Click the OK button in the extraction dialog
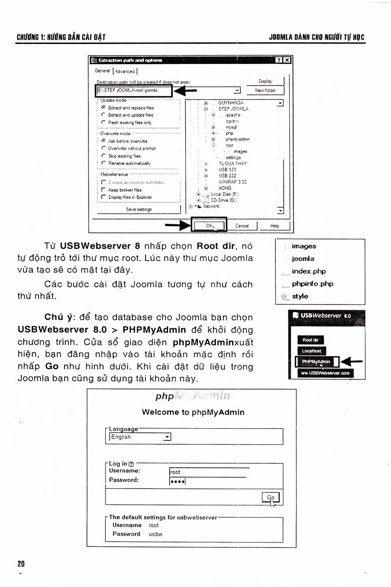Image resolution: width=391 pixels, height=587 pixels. click(209, 225)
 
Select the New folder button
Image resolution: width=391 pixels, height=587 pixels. click(265, 90)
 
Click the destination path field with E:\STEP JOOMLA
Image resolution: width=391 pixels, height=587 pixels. click(132, 90)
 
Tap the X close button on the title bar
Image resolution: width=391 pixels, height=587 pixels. click(287, 60)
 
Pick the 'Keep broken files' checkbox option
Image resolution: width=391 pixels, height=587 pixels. click(104, 190)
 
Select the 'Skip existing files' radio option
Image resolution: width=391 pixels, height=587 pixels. click(104, 156)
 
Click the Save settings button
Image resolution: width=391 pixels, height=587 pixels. click(138, 209)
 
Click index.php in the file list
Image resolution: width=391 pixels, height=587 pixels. click(308, 271)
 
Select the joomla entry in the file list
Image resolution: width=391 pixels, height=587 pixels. click(303, 259)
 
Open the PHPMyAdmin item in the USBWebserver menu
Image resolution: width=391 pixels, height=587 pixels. click(316, 362)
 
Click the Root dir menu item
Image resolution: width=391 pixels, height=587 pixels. click(310, 340)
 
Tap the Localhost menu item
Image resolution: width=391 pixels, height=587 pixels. click(312, 350)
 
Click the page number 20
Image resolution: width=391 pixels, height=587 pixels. click(21, 564)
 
